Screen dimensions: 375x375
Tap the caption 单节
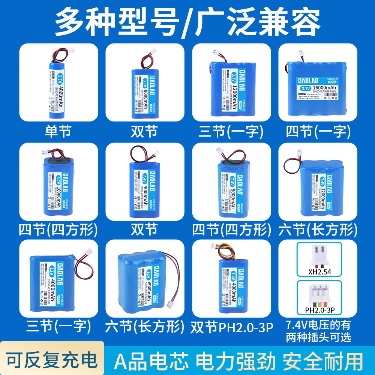[58, 131]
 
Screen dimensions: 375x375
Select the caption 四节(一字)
[318, 131]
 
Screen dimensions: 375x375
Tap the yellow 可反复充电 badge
[51, 360]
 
